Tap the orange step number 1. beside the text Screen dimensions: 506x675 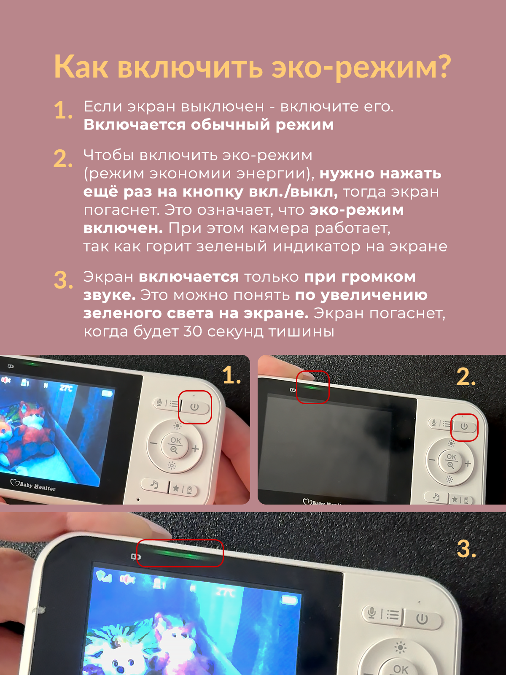point(63,110)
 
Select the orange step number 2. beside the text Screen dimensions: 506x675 point(63,159)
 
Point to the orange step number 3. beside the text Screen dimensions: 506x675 point(63,280)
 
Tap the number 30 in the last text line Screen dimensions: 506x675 point(193,332)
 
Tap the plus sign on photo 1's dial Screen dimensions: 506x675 point(195,449)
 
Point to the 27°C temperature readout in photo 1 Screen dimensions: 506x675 point(66,388)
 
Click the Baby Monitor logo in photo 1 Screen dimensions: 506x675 point(33,485)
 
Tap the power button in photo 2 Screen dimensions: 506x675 point(464,427)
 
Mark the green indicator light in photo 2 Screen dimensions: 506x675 point(312,387)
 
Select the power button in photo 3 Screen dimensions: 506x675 point(422,618)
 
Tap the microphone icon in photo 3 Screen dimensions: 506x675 point(372,613)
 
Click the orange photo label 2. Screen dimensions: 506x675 point(466,377)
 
